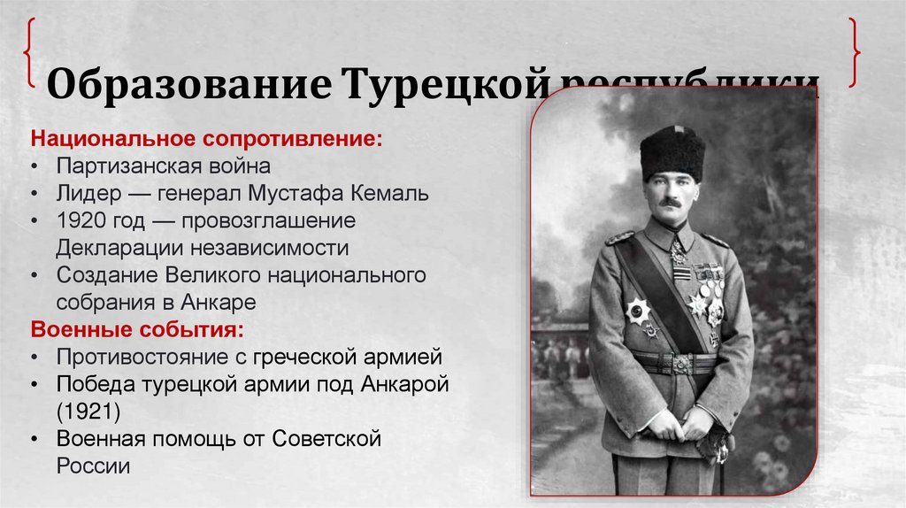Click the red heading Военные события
tap(137, 329)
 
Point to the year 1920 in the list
tap(79, 220)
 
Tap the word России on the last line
tap(93, 466)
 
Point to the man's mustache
tap(670, 203)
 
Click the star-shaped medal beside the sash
tap(638, 311)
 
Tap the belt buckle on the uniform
tap(679, 364)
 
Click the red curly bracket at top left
tap(30, 53)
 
